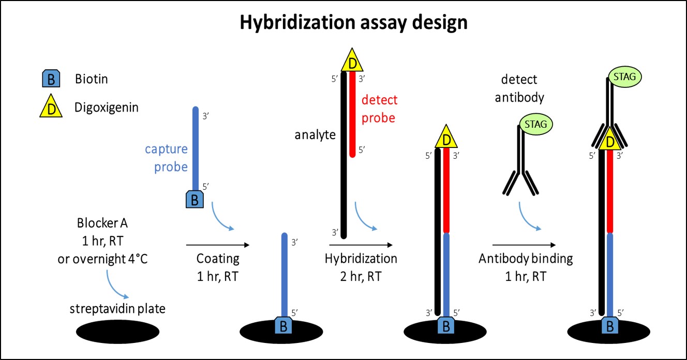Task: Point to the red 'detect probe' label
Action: [x=379, y=109]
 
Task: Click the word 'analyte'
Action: [x=315, y=136]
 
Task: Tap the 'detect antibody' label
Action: [x=519, y=88]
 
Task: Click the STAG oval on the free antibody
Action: [x=535, y=124]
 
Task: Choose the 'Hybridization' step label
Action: [x=361, y=259]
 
